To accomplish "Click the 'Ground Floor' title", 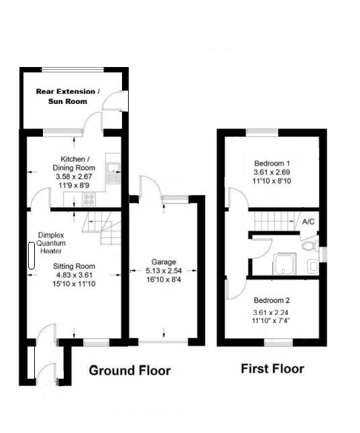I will [x=129, y=371].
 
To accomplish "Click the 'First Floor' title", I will [x=272, y=369].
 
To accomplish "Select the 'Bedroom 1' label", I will [x=272, y=164].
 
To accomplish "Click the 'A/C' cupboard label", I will [x=308, y=221].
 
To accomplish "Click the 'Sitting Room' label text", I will [x=74, y=265].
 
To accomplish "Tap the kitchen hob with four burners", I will [x=88, y=199].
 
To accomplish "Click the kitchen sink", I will [x=115, y=173].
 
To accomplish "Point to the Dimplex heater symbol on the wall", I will [x=31, y=256].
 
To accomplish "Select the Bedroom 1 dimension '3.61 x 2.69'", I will [x=272, y=173].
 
